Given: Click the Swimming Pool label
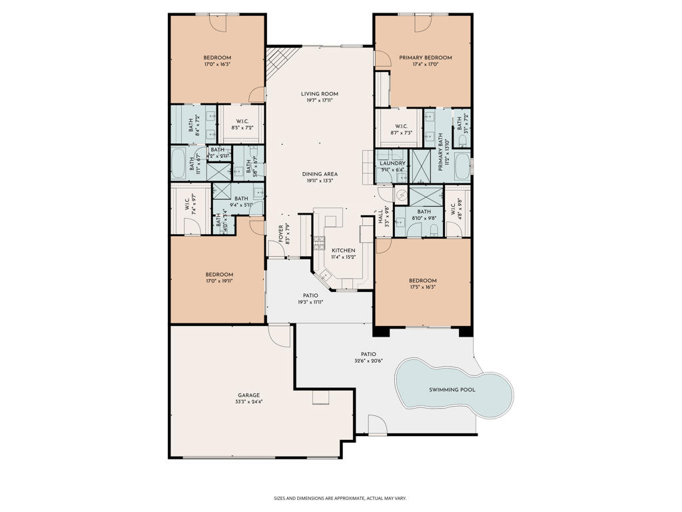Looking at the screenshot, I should [x=452, y=389].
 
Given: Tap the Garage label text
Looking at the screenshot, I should [x=248, y=395].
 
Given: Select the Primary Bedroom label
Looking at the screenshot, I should [x=425, y=57].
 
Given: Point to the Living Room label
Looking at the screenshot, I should [x=320, y=94].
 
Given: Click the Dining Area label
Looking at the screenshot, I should [x=320, y=173].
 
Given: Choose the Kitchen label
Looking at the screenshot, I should [x=344, y=250].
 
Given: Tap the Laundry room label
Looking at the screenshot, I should [x=392, y=163].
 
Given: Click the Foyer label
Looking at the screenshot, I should [x=280, y=235].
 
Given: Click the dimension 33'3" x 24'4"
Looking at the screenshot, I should [x=248, y=402].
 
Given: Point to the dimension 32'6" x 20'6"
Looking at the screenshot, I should [x=368, y=361].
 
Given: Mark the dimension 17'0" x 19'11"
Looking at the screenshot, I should [x=219, y=281].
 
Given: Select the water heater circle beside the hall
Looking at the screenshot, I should [x=401, y=196].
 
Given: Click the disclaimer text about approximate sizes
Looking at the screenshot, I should [x=340, y=498].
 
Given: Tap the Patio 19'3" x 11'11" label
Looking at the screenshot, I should [x=310, y=299].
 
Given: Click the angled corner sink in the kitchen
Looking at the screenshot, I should [x=325, y=275].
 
